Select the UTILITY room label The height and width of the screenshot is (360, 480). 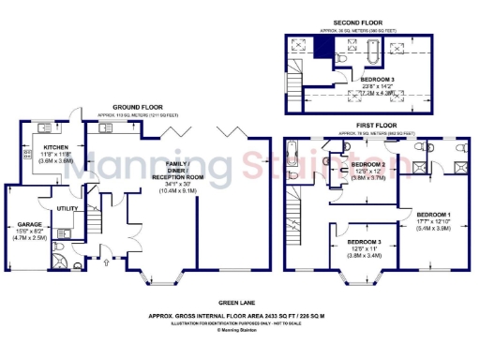[x=67, y=208]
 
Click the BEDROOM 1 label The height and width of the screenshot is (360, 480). [x=433, y=214]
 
